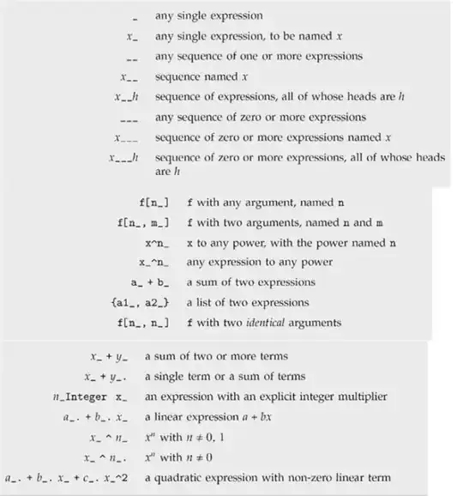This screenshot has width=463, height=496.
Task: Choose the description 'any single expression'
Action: pos(208,15)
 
